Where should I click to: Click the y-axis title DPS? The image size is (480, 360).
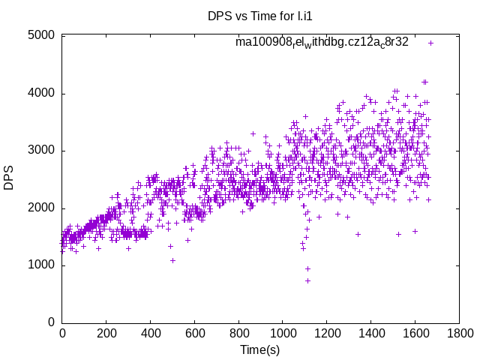coord(9,178)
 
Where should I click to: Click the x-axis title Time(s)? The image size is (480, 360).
coord(260,349)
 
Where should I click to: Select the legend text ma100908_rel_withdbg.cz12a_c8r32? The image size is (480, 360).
coord(322,42)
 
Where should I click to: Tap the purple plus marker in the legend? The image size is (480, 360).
coord(430,43)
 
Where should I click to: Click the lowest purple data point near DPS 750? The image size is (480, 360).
coord(307,280)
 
